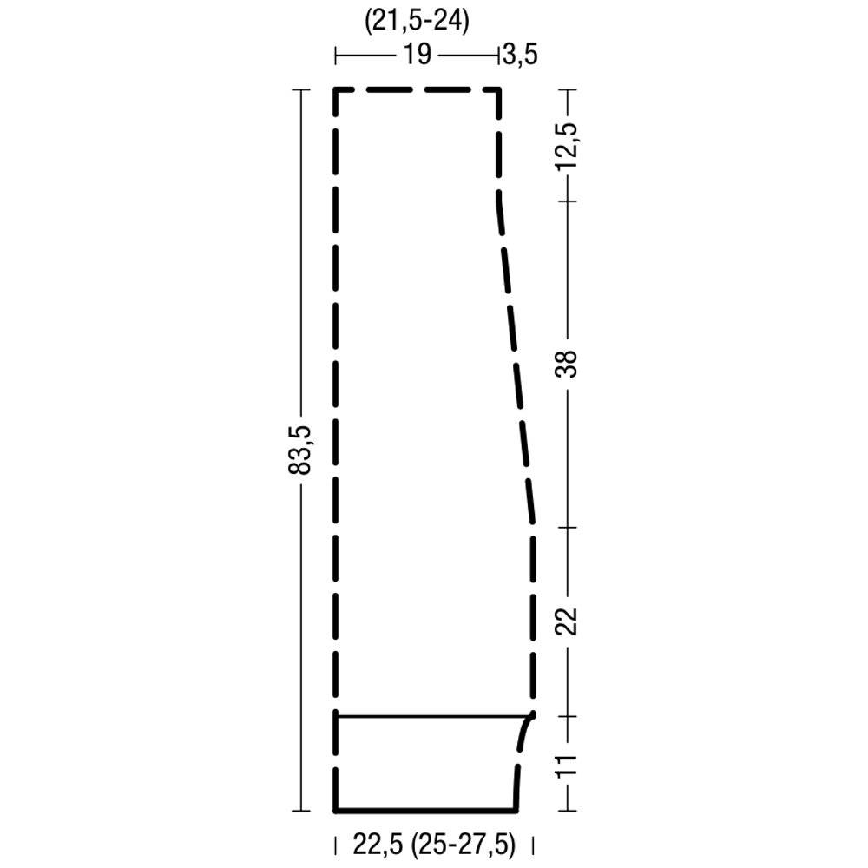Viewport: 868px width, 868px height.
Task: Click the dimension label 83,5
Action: (x=300, y=450)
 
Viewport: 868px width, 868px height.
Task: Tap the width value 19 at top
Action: (x=417, y=55)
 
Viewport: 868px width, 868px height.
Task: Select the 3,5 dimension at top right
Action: (x=520, y=56)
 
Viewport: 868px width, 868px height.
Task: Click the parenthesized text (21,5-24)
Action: (x=417, y=22)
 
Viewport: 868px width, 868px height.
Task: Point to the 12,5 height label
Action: (x=568, y=146)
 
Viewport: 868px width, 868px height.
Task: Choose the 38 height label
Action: (x=567, y=364)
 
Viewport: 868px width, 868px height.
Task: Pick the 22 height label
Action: (x=567, y=621)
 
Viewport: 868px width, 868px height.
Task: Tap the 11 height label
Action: (x=568, y=764)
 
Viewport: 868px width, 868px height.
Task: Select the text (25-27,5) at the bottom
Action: (x=464, y=845)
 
